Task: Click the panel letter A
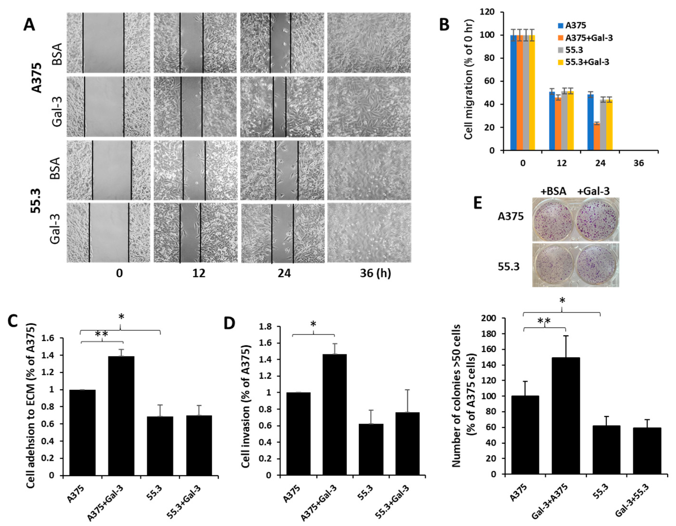click(29, 24)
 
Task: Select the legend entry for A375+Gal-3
click(588, 38)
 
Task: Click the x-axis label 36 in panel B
click(638, 163)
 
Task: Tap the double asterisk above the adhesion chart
click(102, 334)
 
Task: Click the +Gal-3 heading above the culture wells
click(593, 191)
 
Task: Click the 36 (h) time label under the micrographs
click(375, 273)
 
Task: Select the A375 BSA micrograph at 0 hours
click(108, 43)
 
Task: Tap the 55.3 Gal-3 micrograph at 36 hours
click(369, 232)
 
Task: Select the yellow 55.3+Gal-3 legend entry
click(587, 62)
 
